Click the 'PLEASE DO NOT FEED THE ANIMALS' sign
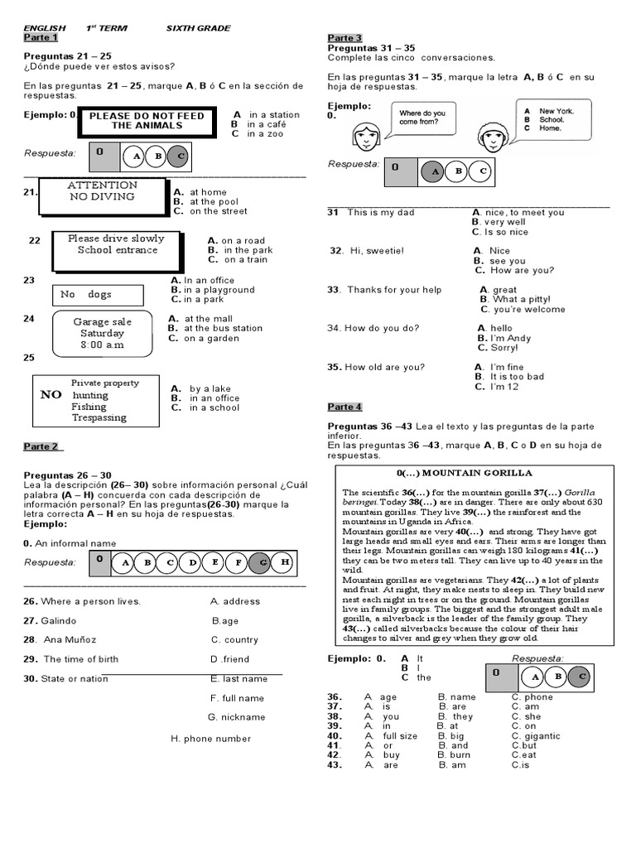[147, 121]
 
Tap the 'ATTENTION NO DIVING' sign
[102, 191]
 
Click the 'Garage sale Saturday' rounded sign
[102, 332]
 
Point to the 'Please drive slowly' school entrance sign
[117, 243]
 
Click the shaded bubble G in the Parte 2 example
[260, 563]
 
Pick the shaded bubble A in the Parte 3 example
[431, 171]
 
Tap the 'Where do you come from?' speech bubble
[423, 118]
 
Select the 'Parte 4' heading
[344, 407]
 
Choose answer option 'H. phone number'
[210, 738]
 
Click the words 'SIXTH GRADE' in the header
[200, 28]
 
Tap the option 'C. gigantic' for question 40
[536, 735]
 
